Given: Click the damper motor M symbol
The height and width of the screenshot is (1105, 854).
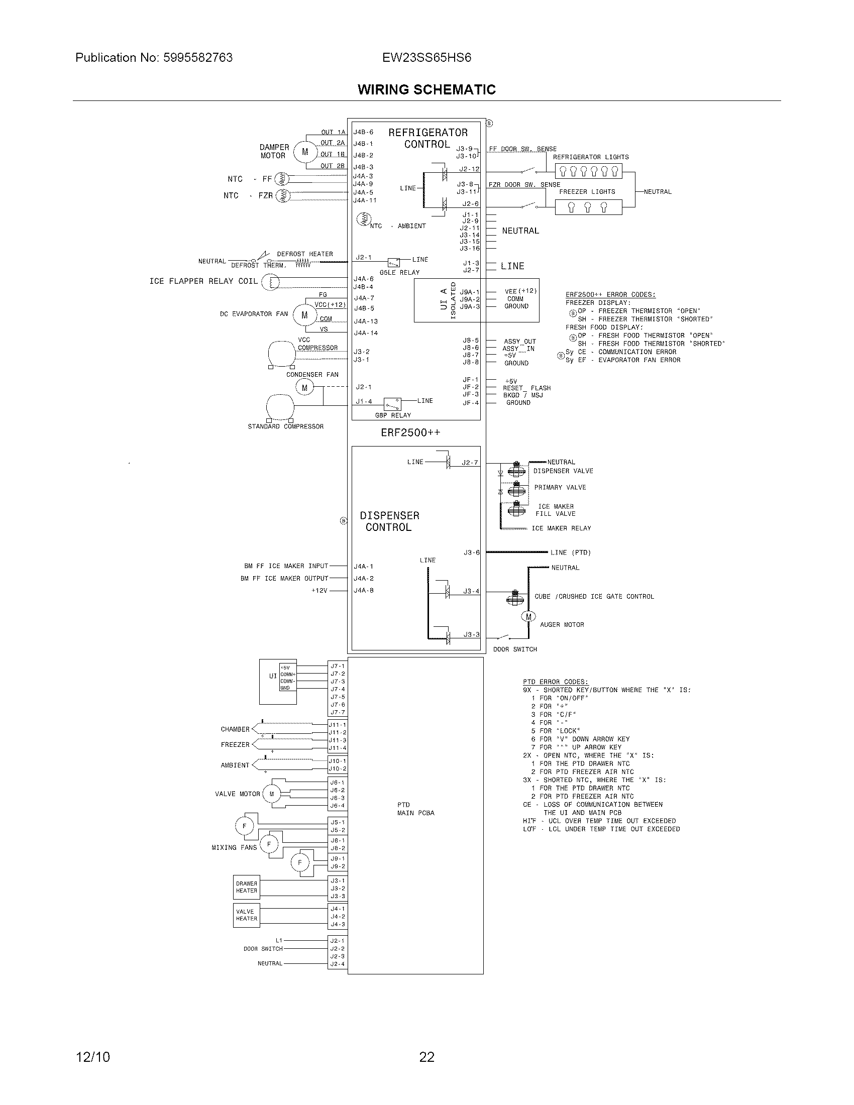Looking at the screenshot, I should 304,151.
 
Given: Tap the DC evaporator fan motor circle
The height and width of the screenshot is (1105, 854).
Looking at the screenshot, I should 304,315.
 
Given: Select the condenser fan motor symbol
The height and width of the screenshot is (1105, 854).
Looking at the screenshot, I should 304,388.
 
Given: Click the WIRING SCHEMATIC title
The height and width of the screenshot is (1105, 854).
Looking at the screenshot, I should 426,89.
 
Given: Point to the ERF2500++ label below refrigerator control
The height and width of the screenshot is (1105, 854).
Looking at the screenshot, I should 410,432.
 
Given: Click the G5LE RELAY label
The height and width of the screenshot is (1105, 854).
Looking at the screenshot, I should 400,272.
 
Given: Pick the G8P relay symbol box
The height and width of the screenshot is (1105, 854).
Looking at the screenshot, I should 393,404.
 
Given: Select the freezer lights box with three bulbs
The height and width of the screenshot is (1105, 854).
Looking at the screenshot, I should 588,207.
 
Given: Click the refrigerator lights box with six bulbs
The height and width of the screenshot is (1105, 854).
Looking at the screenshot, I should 588,171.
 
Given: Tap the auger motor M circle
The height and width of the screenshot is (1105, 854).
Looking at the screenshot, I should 528,616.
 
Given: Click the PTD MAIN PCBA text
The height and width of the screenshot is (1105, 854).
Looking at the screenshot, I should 415,809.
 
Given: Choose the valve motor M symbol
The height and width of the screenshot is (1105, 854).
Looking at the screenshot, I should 271,794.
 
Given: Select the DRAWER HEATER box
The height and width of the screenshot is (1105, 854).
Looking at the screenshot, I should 246,888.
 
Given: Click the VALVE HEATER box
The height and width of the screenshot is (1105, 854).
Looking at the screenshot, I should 246,915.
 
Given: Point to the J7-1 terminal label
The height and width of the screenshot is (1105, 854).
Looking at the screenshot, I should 338,666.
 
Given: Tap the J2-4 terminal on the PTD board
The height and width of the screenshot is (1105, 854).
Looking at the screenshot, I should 338,964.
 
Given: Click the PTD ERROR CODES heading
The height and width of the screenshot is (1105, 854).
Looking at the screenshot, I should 556,682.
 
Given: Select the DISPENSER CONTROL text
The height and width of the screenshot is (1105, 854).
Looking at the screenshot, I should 389,521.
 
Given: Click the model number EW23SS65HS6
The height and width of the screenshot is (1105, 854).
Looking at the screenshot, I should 426,58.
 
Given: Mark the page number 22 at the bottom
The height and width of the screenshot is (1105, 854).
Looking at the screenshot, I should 426,1057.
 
